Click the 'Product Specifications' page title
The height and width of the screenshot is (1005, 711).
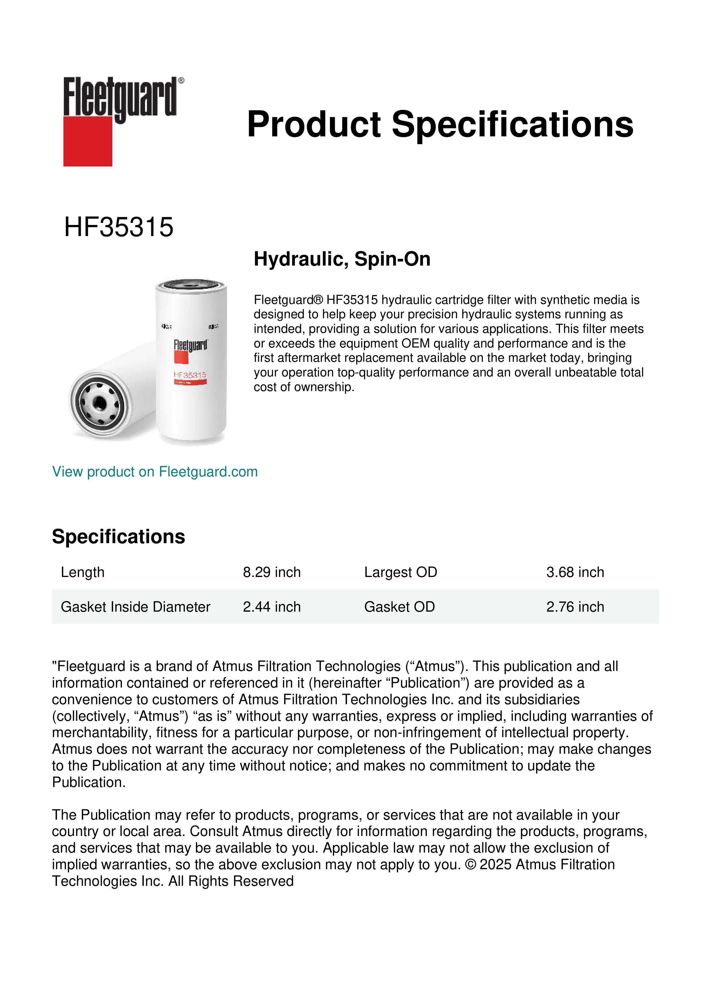[440, 124]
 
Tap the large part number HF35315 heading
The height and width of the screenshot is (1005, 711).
[119, 227]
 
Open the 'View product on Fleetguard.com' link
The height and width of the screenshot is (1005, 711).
[154, 472]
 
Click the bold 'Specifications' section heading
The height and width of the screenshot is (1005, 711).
[118, 537]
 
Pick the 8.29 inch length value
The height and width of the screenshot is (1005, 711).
[271, 572]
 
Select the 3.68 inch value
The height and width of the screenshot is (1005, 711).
[575, 572]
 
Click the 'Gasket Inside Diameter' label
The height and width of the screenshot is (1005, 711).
[135, 607]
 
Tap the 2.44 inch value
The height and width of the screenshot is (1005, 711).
[271, 607]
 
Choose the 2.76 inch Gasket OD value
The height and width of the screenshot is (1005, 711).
[575, 607]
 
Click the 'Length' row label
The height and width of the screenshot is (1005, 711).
[82, 572]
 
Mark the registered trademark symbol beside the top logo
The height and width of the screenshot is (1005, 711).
[181, 81]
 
